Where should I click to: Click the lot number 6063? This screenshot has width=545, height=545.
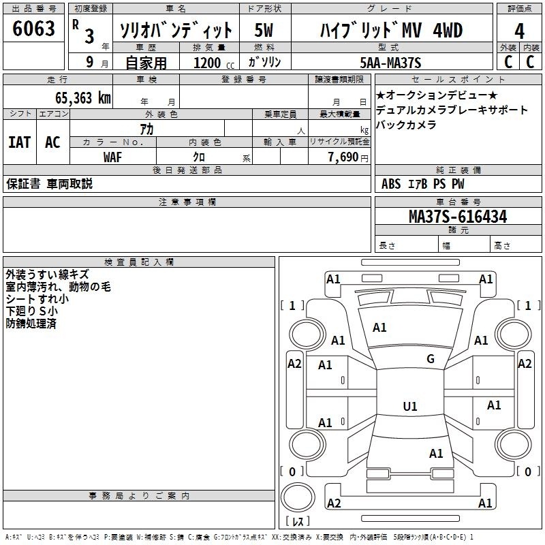(34, 31)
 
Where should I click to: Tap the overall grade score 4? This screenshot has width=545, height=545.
(520, 31)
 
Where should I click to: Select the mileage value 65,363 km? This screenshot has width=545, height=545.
(82, 98)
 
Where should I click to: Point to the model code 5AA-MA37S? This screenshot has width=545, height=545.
(391, 63)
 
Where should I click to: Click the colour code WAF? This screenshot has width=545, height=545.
(113, 157)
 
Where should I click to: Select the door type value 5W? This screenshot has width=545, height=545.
(264, 31)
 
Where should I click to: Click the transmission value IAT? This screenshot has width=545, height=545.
(19, 142)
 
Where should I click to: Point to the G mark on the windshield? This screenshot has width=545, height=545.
(431, 359)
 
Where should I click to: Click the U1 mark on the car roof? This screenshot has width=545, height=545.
(410, 407)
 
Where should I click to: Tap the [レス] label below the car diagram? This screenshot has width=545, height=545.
(298, 523)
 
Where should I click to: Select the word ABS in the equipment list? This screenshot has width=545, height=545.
(391, 184)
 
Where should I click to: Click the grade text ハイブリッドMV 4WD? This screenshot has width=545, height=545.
(391, 31)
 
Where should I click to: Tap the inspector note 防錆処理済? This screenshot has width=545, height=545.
(31, 324)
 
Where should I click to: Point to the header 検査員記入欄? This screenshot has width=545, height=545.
(139, 262)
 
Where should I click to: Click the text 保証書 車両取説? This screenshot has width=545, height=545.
(49, 184)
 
